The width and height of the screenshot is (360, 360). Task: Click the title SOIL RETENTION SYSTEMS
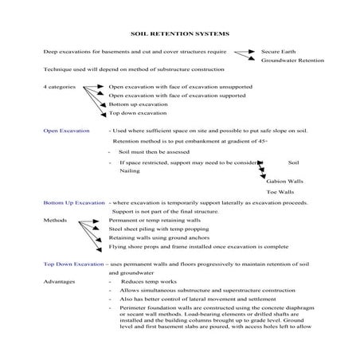[179, 35]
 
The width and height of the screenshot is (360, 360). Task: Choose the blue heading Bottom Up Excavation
[74, 202]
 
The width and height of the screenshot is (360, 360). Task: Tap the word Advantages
[59, 281]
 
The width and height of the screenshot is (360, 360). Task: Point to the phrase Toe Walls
[280, 192]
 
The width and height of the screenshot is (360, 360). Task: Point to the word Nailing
[128, 170]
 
